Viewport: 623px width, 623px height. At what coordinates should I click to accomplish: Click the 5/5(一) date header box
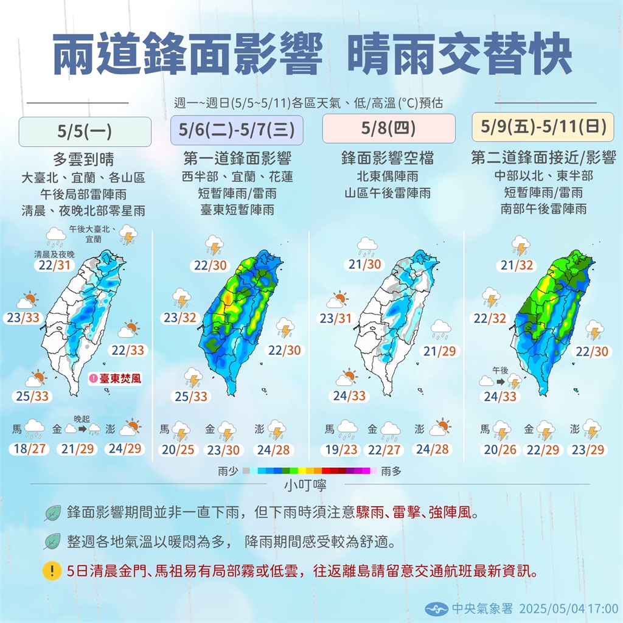pos(85,131)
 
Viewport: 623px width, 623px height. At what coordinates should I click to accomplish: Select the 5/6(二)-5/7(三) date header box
pos(237,130)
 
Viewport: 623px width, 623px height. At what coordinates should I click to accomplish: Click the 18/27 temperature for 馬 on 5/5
pos(30,450)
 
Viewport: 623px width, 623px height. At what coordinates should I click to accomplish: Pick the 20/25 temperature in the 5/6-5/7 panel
pos(179,450)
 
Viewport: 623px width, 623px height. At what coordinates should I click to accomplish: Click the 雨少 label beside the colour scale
pos(226,471)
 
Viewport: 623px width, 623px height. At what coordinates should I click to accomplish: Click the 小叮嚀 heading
pos(310,485)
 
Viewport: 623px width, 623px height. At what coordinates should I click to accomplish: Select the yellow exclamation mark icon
pos(53,571)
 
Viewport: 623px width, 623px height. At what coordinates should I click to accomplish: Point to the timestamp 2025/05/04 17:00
pos(577,608)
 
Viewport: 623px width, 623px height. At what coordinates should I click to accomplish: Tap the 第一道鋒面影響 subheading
pos(237,159)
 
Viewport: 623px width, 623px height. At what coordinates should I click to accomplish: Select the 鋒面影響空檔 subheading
pos(388,159)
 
